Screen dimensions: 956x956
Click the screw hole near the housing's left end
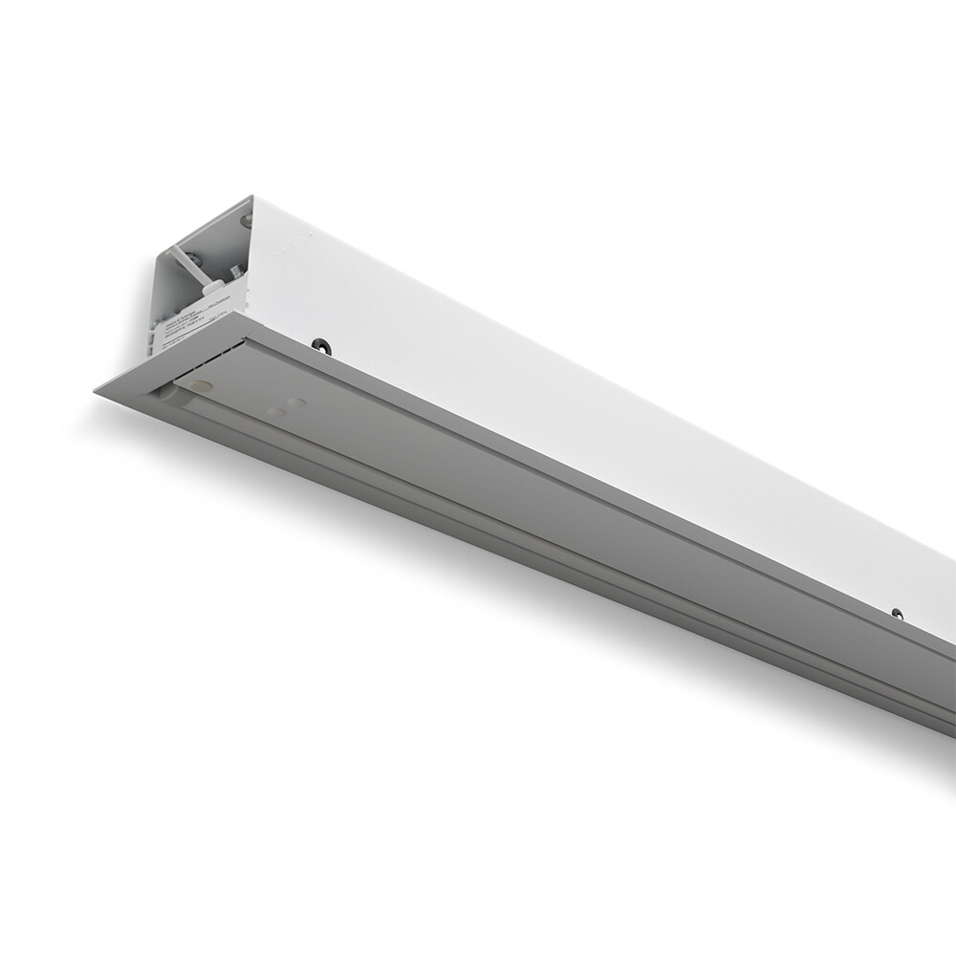point(322,345)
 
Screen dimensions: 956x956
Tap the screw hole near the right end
point(897,613)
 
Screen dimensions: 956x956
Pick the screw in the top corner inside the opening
point(245,221)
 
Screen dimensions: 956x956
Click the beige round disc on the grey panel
point(201,385)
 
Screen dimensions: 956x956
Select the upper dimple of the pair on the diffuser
point(295,402)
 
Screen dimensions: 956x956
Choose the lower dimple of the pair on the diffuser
point(277,413)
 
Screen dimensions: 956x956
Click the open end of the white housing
point(196,277)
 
